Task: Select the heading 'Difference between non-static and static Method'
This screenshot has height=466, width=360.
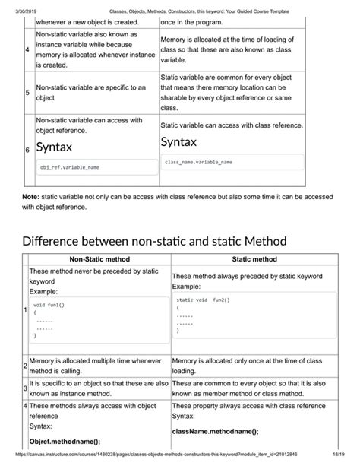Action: (x=154, y=241)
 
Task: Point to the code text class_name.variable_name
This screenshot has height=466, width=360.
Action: (x=199, y=162)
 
